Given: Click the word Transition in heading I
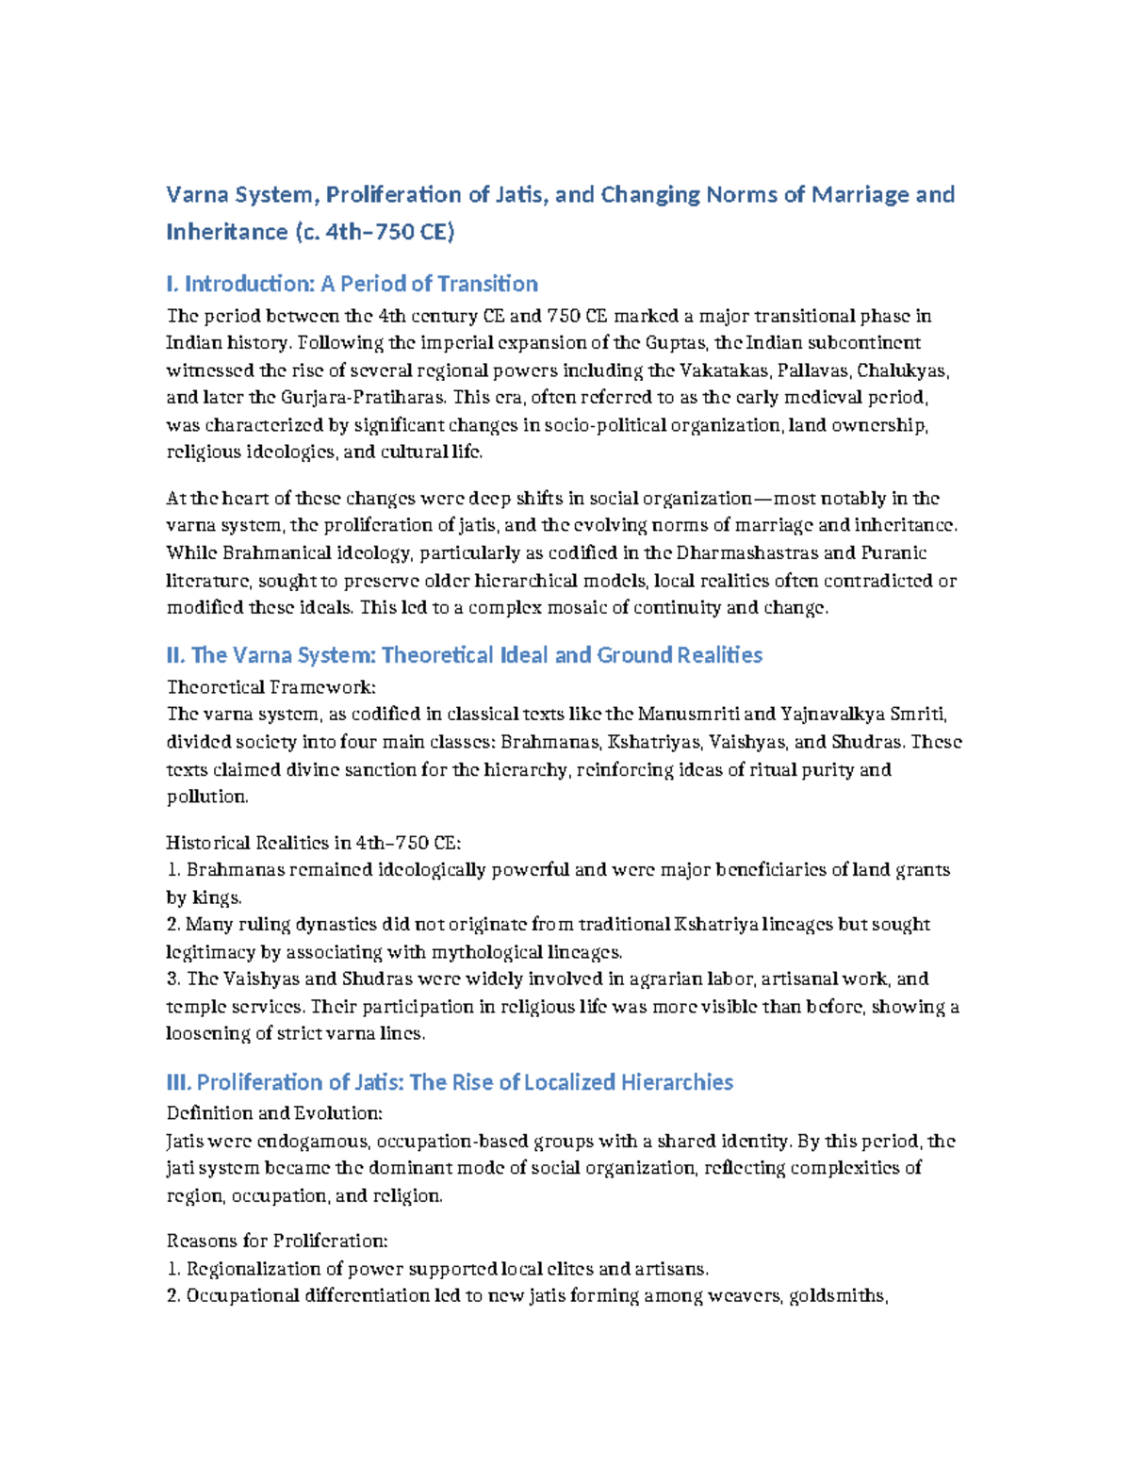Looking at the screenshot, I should [488, 284].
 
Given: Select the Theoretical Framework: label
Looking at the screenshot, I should [271, 687].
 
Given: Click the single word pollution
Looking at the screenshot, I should [206, 797].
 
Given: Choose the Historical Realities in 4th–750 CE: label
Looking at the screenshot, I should [313, 843].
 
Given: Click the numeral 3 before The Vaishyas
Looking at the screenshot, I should [172, 979].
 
